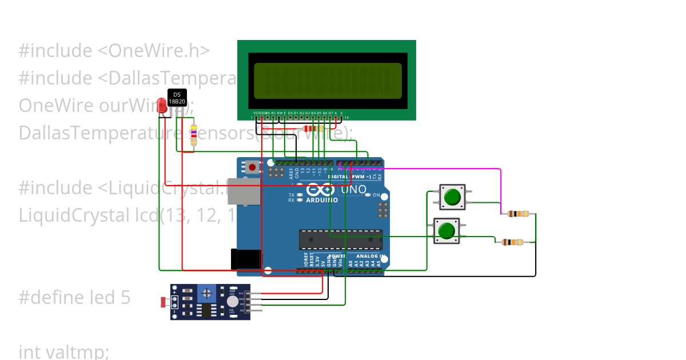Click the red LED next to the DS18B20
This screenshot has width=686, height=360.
pyautogui.click(x=162, y=105)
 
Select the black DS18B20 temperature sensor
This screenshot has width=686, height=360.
pyautogui.click(x=177, y=97)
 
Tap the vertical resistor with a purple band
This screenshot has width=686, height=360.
pyautogui.click(x=194, y=134)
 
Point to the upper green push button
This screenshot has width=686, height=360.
pyautogui.click(x=452, y=197)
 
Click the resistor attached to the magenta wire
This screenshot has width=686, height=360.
pyautogui.click(x=518, y=214)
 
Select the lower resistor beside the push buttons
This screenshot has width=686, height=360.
pyautogui.click(x=512, y=242)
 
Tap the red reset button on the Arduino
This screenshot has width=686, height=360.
pyautogui.click(x=252, y=167)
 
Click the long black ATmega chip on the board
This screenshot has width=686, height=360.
pyautogui.click(x=341, y=240)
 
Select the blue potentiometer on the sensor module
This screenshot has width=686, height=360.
pyautogui.click(x=206, y=293)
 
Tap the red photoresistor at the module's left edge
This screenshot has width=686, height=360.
pyautogui.click(x=164, y=302)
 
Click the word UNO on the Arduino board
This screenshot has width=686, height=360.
pyautogui.click(x=353, y=189)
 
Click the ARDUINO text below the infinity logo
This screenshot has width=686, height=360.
pyautogui.click(x=321, y=200)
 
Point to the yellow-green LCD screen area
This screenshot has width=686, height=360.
pyautogui.click(x=327, y=81)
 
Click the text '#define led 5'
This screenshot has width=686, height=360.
pyautogui.click(x=74, y=297)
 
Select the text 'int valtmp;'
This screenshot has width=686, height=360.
pyautogui.click(x=63, y=351)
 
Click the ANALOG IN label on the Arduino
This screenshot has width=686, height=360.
pyautogui.click(x=371, y=256)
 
